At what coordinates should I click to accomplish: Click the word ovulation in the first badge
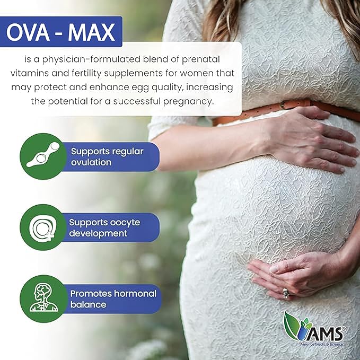(x=91, y=162)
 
